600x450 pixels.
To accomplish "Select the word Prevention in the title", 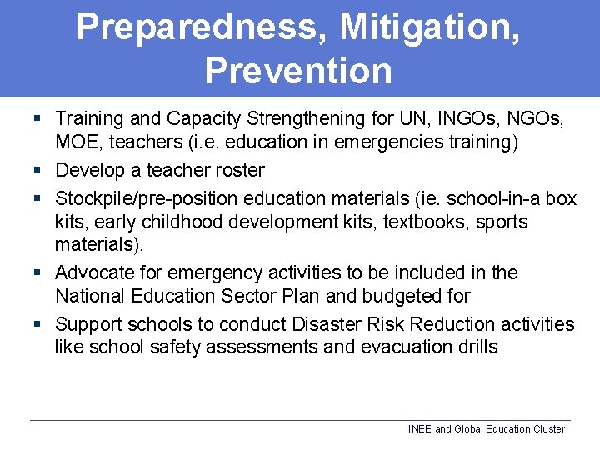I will tap(298, 71).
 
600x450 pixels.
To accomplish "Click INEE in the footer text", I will tap(420, 429).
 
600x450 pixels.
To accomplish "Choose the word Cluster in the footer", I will tap(547, 429).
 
